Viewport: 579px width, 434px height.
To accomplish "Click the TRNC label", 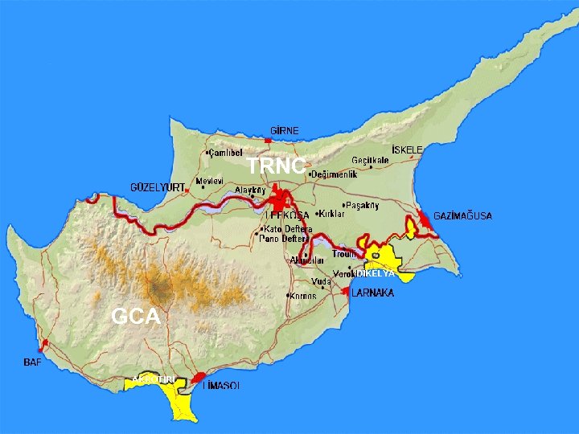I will coord(276,166).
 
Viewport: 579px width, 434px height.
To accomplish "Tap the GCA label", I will coord(136,317).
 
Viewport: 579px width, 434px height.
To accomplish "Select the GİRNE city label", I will coord(285,130).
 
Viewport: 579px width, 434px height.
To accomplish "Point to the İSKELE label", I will coord(407,150).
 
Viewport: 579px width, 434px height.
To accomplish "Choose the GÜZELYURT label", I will coord(158,187).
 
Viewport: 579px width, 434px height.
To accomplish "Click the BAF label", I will coord(32,362).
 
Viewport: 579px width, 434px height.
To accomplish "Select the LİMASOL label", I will coord(221,386).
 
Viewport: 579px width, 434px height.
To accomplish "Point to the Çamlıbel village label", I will coord(225,152).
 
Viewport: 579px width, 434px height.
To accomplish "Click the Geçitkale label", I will coord(371,160).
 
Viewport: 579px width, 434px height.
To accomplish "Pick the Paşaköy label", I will coord(362,205).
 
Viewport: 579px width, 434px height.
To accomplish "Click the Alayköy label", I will coord(250,190).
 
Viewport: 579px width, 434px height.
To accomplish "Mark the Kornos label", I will coord(303,296).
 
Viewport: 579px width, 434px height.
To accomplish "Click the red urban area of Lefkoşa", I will coord(282,197).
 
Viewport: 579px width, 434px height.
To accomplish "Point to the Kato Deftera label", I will coord(287,229).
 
